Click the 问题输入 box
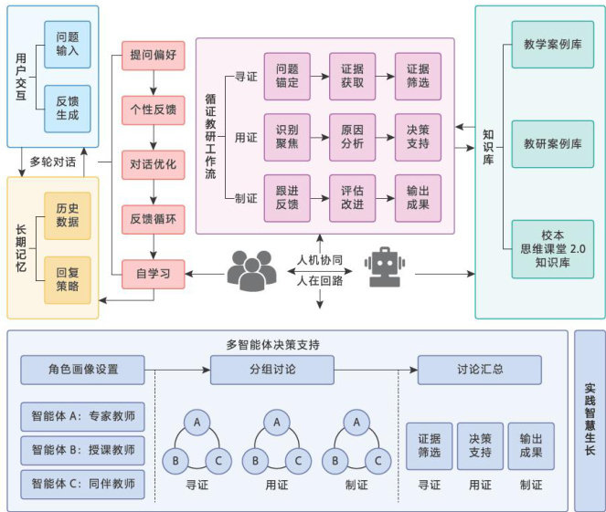(68, 45)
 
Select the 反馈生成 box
(68, 109)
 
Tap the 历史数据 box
(68, 215)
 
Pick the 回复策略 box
(68, 279)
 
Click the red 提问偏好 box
(153, 56)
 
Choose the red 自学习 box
(153, 275)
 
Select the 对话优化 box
(153, 165)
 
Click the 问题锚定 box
(287, 77)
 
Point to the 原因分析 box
(352, 138)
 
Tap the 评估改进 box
(352, 198)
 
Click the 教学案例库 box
(553, 45)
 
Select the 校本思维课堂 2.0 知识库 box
(553, 249)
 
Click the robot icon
(385, 267)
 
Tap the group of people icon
(251, 271)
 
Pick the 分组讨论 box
(272, 370)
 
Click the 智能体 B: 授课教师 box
(82, 450)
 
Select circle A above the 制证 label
(356, 423)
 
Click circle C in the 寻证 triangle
(218, 461)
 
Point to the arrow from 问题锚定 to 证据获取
(320, 77)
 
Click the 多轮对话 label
(53, 162)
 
